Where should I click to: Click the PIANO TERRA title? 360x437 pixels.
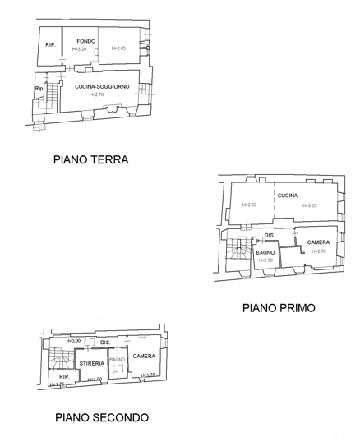[x=90, y=160]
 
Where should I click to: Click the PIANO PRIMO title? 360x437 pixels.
[x=279, y=308]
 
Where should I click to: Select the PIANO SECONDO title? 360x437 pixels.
[x=102, y=417]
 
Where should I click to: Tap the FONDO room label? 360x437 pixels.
[x=86, y=41]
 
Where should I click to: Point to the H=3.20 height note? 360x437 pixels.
[x=79, y=49]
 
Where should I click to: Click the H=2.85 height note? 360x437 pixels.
[x=118, y=48]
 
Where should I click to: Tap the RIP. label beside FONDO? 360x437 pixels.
[x=51, y=44]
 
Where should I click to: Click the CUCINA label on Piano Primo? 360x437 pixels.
[x=287, y=195]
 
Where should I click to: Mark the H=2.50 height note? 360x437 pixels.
[x=249, y=205]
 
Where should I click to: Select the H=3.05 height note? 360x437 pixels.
[x=309, y=205]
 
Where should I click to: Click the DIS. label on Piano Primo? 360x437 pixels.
[x=269, y=237]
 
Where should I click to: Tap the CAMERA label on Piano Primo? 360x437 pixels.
[x=318, y=242]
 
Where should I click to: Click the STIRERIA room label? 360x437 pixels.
[x=91, y=362]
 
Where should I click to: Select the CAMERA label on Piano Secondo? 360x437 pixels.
[x=145, y=356]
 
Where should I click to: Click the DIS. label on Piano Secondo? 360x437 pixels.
[x=105, y=343]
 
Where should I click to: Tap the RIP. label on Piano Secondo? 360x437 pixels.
[x=63, y=376]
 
